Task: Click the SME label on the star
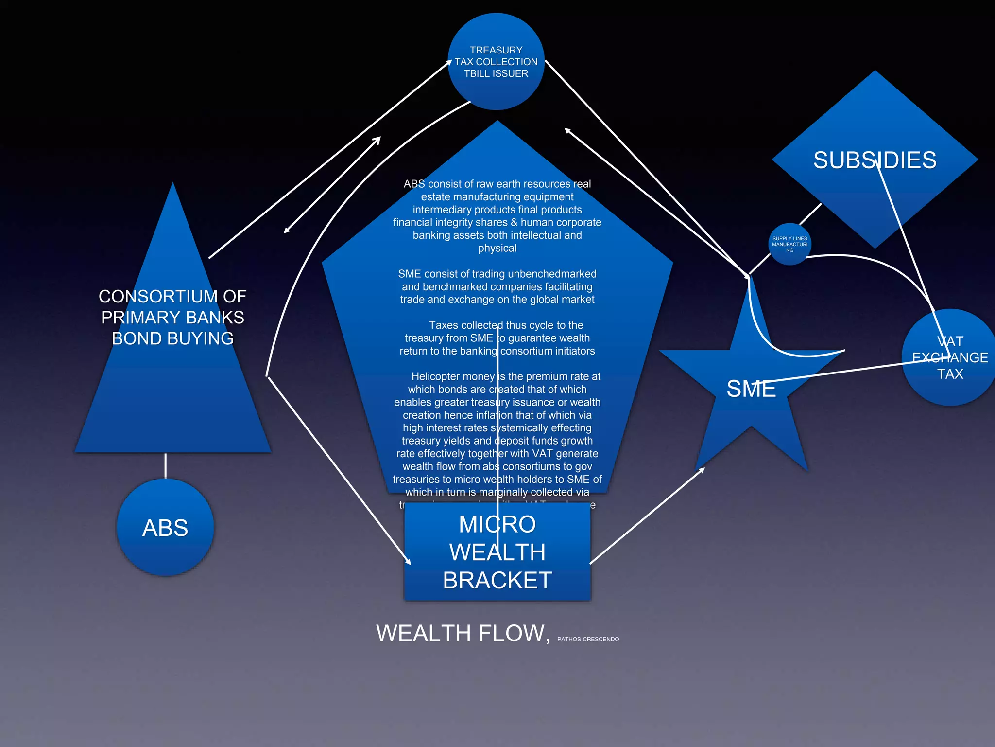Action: click(751, 389)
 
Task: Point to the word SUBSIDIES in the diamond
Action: click(875, 160)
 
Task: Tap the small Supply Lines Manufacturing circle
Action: click(789, 244)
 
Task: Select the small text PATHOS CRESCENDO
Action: click(588, 640)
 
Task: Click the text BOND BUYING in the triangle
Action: click(172, 338)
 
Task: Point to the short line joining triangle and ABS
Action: click(165, 465)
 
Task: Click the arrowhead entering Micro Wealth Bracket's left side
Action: click(408, 561)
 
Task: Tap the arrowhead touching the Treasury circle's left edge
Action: click(449, 62)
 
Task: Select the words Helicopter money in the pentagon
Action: click(452, 376)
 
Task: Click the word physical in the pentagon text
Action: click(497, 248)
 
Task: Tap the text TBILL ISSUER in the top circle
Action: click(496, 73)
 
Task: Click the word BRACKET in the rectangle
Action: click(497, 580)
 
